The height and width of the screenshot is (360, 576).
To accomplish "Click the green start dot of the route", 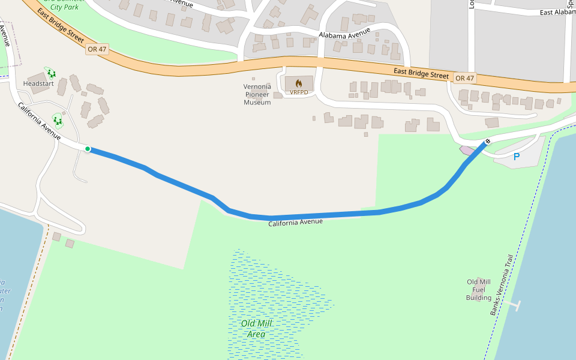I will pyautogui.click(x=88, y=149).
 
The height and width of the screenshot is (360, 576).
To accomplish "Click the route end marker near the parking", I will pyautogui.click(x=487, y=142).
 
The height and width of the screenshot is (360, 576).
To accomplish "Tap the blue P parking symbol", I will pyautogui.click(x=516, y=157).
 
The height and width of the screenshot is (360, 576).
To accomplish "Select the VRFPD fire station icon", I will pyautogui.click(x=298, y=83).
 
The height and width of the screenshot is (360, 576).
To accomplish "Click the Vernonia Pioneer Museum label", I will pyautogui.click(x=257, y=94).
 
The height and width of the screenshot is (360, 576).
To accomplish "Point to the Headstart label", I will pyautogui.click(x=38, y=83).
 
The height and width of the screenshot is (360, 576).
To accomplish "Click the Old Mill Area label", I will pyautogui.click(x=256, y=328).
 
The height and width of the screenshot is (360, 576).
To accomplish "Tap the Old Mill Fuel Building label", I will pyautogui.click(x=479, y=290).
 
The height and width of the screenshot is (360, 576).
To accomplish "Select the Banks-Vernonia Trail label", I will pyautogui.click(x=502, y=284).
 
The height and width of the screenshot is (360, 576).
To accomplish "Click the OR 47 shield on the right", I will pyautogui.click(x=464, y=78).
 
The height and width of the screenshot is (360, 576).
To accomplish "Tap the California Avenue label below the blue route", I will pyautogui.click(x=295, y=223).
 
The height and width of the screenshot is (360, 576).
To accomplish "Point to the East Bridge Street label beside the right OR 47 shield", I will pyautogui.click(x=421, y=74).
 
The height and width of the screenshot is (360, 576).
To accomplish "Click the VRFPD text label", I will pyautogui.click(x=298, y=92).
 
